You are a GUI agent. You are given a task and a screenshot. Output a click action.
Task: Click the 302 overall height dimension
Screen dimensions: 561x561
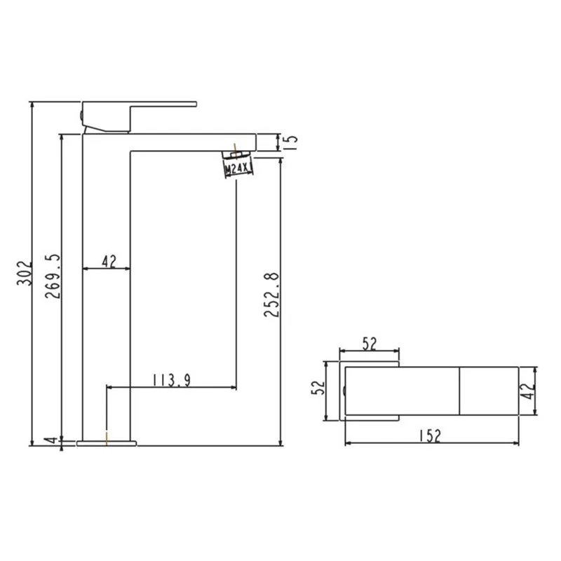point(25,273)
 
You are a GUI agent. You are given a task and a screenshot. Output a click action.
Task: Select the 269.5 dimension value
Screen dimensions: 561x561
point(53,276)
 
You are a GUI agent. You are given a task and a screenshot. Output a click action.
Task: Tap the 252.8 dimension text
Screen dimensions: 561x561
point(271,295)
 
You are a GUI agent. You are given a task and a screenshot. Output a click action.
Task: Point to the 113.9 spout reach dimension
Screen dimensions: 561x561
point(172,380)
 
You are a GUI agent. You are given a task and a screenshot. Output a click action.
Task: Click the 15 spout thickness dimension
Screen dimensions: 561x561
point(292,142)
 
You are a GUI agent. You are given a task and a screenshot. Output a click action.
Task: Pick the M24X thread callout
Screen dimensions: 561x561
point(236,168)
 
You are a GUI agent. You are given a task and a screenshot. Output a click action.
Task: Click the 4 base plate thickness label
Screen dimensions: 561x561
point(53,440)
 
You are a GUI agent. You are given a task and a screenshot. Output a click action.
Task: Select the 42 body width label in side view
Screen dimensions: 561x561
point(109,261)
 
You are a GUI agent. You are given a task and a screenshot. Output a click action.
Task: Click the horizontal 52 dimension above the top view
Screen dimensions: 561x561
point(370,344)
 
